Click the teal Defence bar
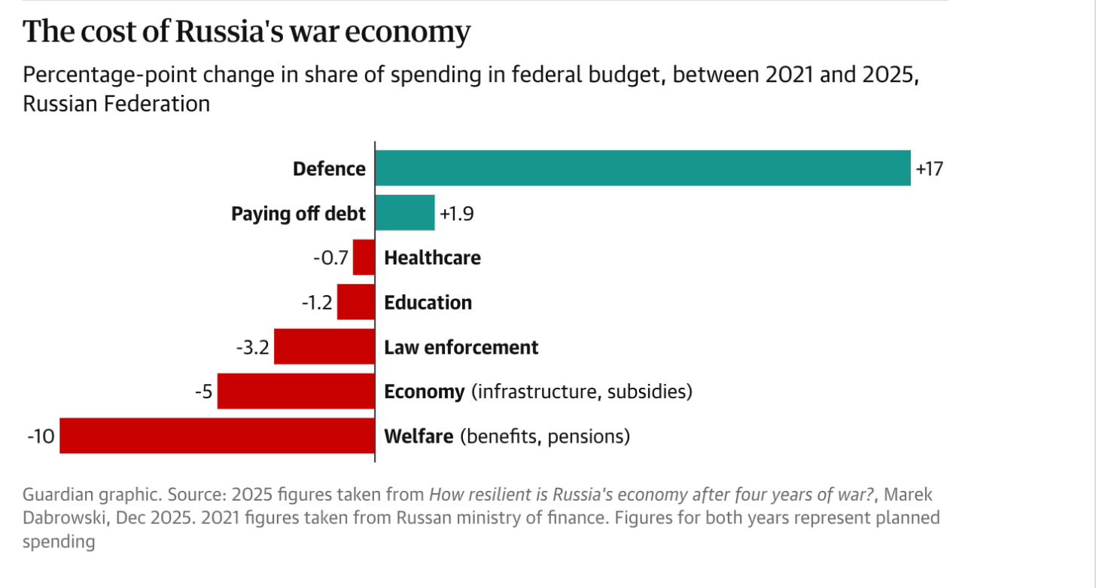(642, 168)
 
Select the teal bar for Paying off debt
(404, 213)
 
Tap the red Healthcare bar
(364, 257)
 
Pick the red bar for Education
(355, 302)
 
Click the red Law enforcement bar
(324, 347)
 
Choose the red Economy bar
(296, 391)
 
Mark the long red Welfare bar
(217, 436)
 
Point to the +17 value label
(929, 169)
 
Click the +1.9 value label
(455, 214)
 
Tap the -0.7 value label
(331, 258)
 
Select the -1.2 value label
(317, 303)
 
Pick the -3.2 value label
(253, 348)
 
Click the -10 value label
(41, 437)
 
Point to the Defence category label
(329, 169)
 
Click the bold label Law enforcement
(461, 347)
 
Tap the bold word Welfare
(419, 436)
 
